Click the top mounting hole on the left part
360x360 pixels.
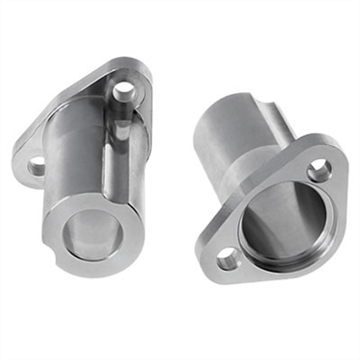tap(124, 92)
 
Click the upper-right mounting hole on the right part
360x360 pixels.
tap(319, 173)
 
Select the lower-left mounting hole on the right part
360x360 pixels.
tap(227, 257)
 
